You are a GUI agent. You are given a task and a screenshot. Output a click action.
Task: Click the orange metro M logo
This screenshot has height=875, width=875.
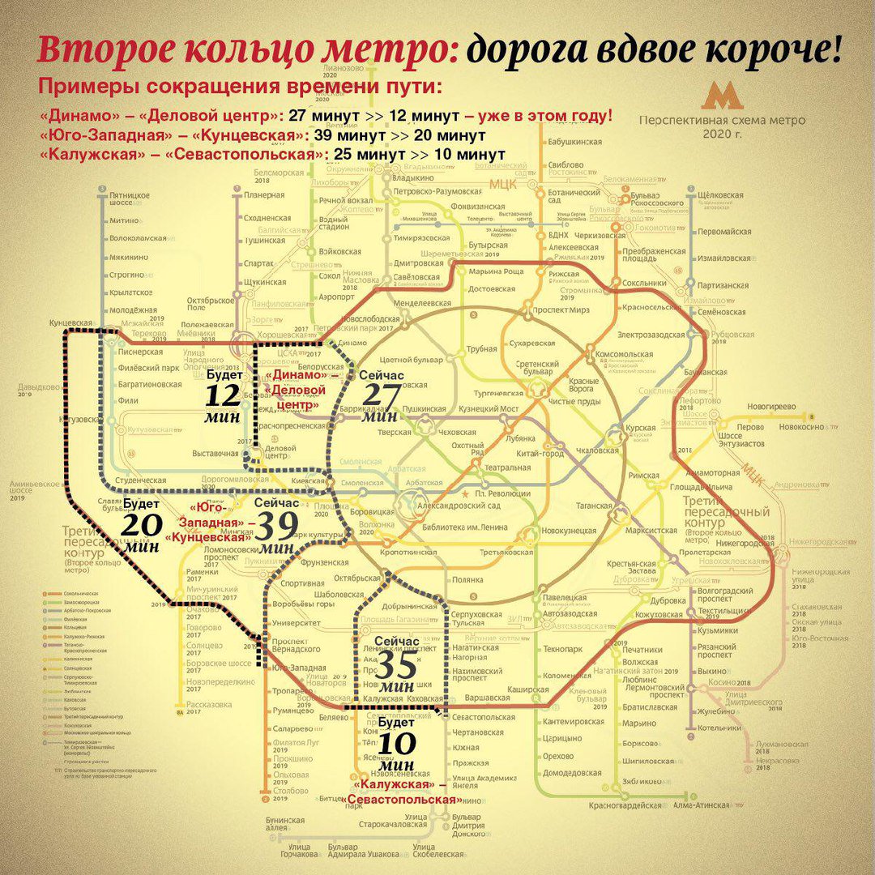click(x=722, y=96)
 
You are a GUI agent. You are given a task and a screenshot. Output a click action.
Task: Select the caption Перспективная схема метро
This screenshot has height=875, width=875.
click(x=722, y=120)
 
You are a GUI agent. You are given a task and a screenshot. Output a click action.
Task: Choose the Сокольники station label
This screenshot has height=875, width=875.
click(x=644, y=284)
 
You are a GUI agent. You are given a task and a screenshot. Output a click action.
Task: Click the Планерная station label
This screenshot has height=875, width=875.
click(x=263, y=195)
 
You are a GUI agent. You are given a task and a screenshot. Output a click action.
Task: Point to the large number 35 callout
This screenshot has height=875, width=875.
click(x=397, y=665)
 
